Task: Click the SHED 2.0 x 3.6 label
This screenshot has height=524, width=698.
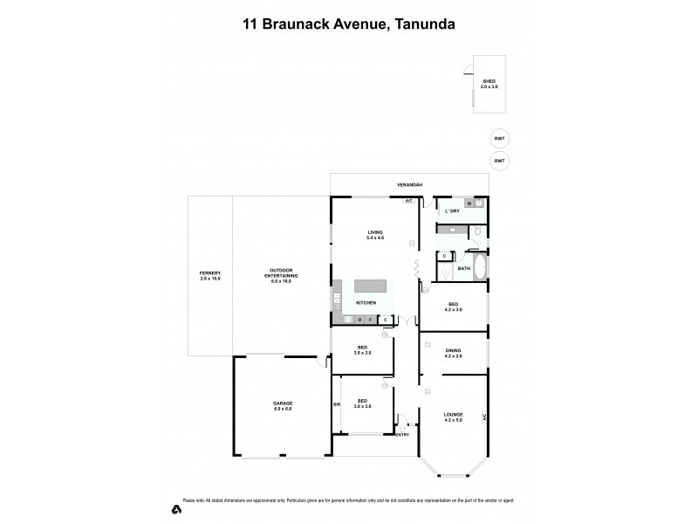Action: (x=489, y=85)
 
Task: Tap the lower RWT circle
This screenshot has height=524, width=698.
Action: (x=499, y=161)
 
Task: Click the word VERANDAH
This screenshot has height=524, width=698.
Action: (x=410, y=185)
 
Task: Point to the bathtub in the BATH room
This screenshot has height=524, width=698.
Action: (x=480, y=268)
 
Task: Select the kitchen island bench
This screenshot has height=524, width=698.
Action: (x=372, y=287)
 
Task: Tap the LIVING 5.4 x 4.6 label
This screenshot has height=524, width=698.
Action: (x=375, y=235)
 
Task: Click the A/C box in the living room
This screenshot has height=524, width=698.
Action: (x=407, y=202)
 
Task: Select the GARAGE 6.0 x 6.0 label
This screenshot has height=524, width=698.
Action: (x=282, y=406)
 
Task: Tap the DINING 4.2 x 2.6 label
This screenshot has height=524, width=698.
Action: (x=454, y=354)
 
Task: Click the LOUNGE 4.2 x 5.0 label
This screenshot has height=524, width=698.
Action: (x=453, y=417)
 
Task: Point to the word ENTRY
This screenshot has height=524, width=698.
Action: (x=402, y=434)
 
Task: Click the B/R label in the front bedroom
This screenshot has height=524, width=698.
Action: (x=337, y=404)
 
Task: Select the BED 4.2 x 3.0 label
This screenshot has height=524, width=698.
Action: (x=454, y=307)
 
